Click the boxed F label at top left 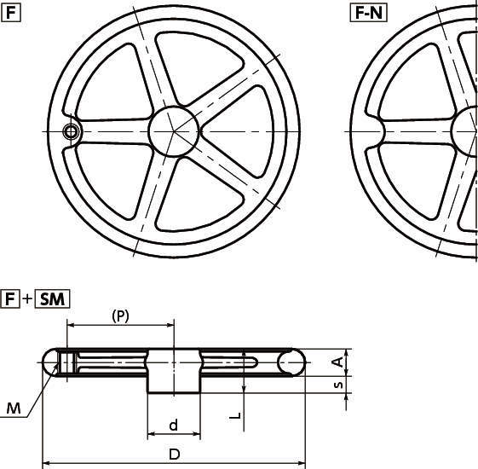pyautogui.click(x=11, y=14)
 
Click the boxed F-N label pyautogui.click(x=369, y=14)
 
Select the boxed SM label pyautogui.click(x=52, y=298)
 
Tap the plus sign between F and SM pyautogui.click(x=27, y=298)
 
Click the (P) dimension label pyautogui.click(x=120, y=316)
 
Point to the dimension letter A pyautogui.click(x=337, y=362)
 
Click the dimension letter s pyautogui.click(x=338, y=385)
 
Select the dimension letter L pyautogui.click(x=235, y=415)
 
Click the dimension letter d pyautogui.click(x=173, y=425)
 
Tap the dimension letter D pyautogui.click(x=175, y=455)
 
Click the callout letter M pyautogui.click(x=14, y=408)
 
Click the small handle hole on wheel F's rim pyautogui.click(x=71, y=132)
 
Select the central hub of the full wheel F pyautogui.click(x=174, y=131)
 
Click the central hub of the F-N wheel pyautogui.click(x=464, y=131)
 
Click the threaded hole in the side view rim pyautogui.click(x=67, y=362)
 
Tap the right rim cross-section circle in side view pyautogui.click(x=291, y=362)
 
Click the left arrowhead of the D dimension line pyautogui.click(x=46, y=463)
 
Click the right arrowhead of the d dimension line pyautogui.click(x=197, y=433)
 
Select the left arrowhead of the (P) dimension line pyautogui.click(x=71, y=325)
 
